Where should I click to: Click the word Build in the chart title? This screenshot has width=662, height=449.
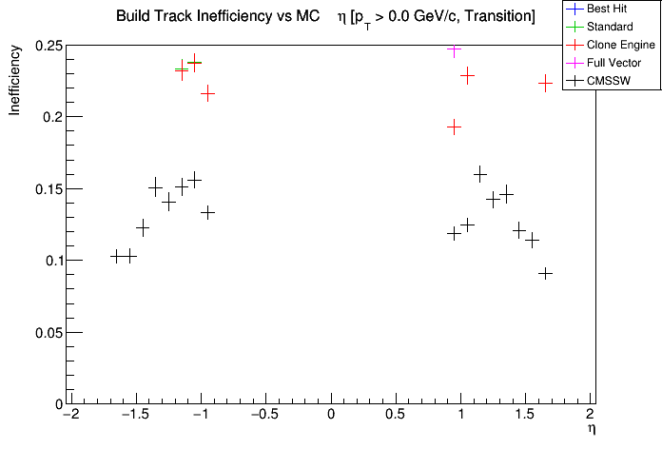134,17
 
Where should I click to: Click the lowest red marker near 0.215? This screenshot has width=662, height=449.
207,93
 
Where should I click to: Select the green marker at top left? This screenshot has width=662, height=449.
181,69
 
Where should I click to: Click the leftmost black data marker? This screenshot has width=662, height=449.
117,256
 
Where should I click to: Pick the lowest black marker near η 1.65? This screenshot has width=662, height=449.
545,273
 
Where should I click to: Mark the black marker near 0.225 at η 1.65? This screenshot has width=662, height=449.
545,83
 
